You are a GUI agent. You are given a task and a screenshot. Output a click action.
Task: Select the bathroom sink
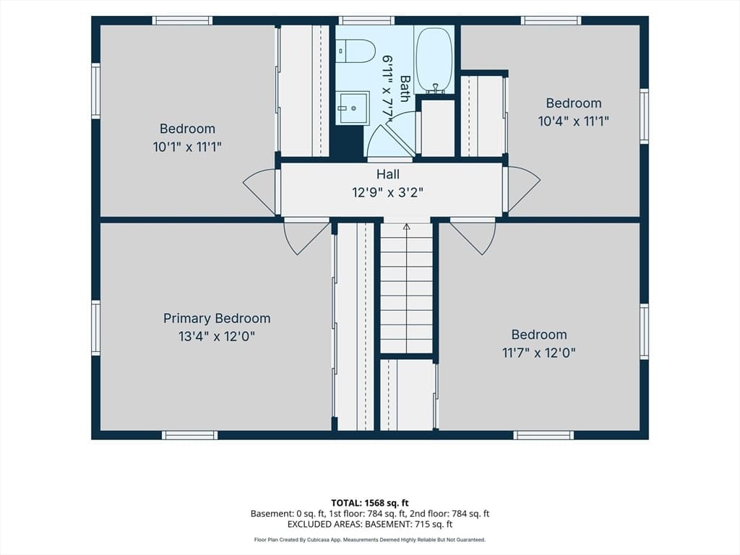click(352, 108)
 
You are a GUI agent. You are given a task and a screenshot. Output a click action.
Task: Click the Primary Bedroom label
click(217, 318)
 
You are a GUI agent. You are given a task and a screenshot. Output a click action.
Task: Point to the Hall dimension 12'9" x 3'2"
click(387, 192)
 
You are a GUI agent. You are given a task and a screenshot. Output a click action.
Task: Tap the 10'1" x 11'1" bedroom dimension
click(187, 147)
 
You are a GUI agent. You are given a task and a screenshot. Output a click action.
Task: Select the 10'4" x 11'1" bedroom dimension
click(573, 121)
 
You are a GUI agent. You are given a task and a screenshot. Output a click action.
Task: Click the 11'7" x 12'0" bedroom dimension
click(538, 353)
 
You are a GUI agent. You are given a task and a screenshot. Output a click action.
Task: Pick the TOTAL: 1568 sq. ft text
click(369, 503)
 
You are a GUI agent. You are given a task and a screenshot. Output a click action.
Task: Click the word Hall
click(388, 174)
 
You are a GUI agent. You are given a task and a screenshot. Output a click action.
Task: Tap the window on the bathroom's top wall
click(366, 20)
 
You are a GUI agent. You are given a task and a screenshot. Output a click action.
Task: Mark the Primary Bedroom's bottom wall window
click(190, 435)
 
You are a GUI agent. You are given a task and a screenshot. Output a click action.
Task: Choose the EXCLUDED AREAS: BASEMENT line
click(369, 525)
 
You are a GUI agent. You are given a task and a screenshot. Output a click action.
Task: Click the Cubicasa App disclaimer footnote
click(369, 540)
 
